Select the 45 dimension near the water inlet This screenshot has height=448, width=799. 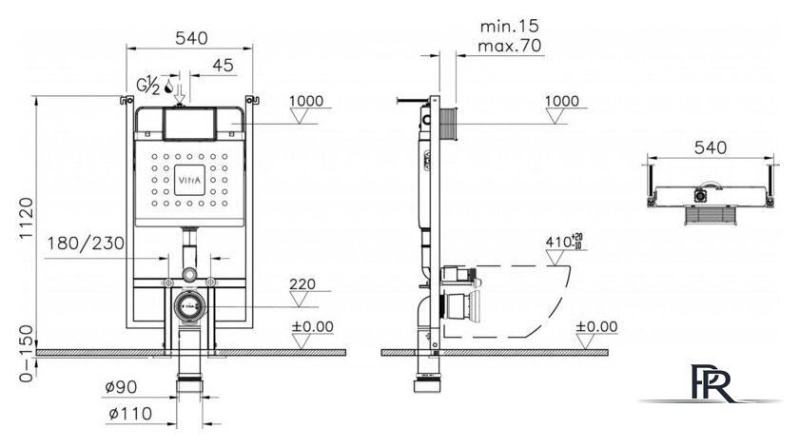[223, 65]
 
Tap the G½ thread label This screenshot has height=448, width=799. [148, 85]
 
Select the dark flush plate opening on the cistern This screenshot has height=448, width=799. [190, 123]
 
